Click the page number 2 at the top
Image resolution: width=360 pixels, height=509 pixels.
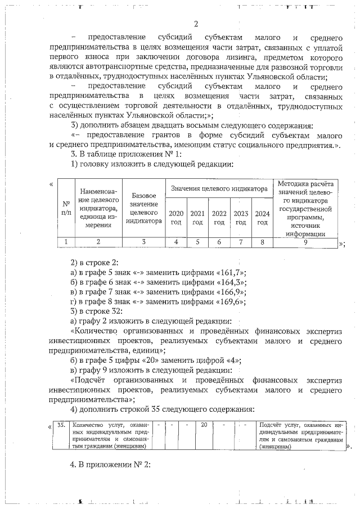pos(196,24)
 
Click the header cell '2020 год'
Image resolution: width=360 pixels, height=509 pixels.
pos(176,218)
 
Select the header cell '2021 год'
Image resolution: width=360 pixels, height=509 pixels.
pos(197,218)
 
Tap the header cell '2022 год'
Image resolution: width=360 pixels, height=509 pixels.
pos(219,218)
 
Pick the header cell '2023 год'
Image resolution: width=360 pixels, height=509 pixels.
pos(241,218)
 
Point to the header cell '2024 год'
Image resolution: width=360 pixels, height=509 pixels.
pos(262,218)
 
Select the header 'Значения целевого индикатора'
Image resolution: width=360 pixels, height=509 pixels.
pos(219,189)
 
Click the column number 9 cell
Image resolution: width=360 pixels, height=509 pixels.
pos(305,242)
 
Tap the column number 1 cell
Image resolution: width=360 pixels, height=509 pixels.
pos(66,242)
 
